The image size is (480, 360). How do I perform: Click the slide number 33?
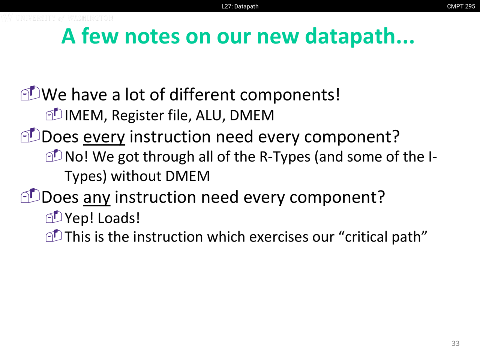coord(456,343)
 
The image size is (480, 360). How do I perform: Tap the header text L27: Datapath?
coord(240,6)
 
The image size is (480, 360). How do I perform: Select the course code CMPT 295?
coord(461,6)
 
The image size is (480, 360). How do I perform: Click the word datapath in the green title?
coord(360,36)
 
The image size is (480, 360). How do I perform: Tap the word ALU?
coord(209,115)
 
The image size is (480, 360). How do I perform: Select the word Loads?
coord(119,218)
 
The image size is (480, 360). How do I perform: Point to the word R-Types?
coord(285,157)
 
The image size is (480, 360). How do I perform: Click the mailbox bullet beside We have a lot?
coord(30,93)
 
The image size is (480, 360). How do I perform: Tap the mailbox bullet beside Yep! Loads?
coord(54,217)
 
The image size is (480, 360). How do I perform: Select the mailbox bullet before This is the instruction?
coord(54,235)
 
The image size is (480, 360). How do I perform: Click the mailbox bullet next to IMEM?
coord(54,114)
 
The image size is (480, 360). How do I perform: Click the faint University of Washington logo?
coord(57,18)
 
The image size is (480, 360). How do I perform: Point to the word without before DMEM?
coord(136,176)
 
